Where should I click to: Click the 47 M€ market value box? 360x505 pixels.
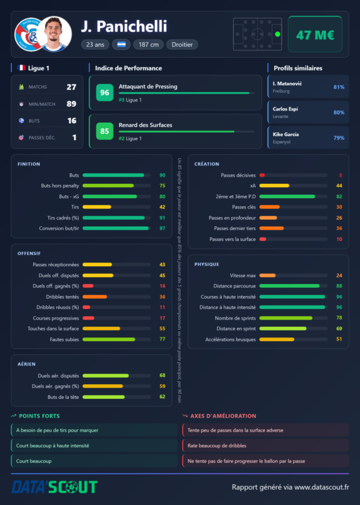tap(315, 34)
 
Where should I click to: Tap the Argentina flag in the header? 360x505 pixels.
tap(121, 44)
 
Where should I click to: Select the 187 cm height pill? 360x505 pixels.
tap(148, 44)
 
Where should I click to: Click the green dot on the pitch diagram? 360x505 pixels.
tap(278, 34)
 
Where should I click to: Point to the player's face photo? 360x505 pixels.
tap(54, 34)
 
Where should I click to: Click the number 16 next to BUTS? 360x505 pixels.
tap(72, 121)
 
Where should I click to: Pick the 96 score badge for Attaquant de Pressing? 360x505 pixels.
tap(105, 92)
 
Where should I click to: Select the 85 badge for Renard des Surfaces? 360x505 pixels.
tap(105, 131)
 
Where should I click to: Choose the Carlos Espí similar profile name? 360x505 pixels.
tap(286, 109)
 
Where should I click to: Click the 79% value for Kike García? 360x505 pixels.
tap(339, 138)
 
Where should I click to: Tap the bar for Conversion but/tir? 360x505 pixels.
tap(115, 228)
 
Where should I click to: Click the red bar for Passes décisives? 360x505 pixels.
tap(262, 175)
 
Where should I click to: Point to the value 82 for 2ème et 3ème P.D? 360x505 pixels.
tap(339, 196)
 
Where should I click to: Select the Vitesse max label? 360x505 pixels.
tap(243, 275)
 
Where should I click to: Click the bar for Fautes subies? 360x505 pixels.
tap(109, 339)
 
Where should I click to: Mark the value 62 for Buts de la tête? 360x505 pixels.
tap(162, 397)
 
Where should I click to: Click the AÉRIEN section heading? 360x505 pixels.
tap(27, 364)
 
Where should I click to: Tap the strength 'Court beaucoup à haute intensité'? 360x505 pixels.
tap(52, 446)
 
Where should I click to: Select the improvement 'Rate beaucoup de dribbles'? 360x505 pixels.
tap(216, 446)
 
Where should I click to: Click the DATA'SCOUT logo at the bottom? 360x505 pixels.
tap(54, 487)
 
